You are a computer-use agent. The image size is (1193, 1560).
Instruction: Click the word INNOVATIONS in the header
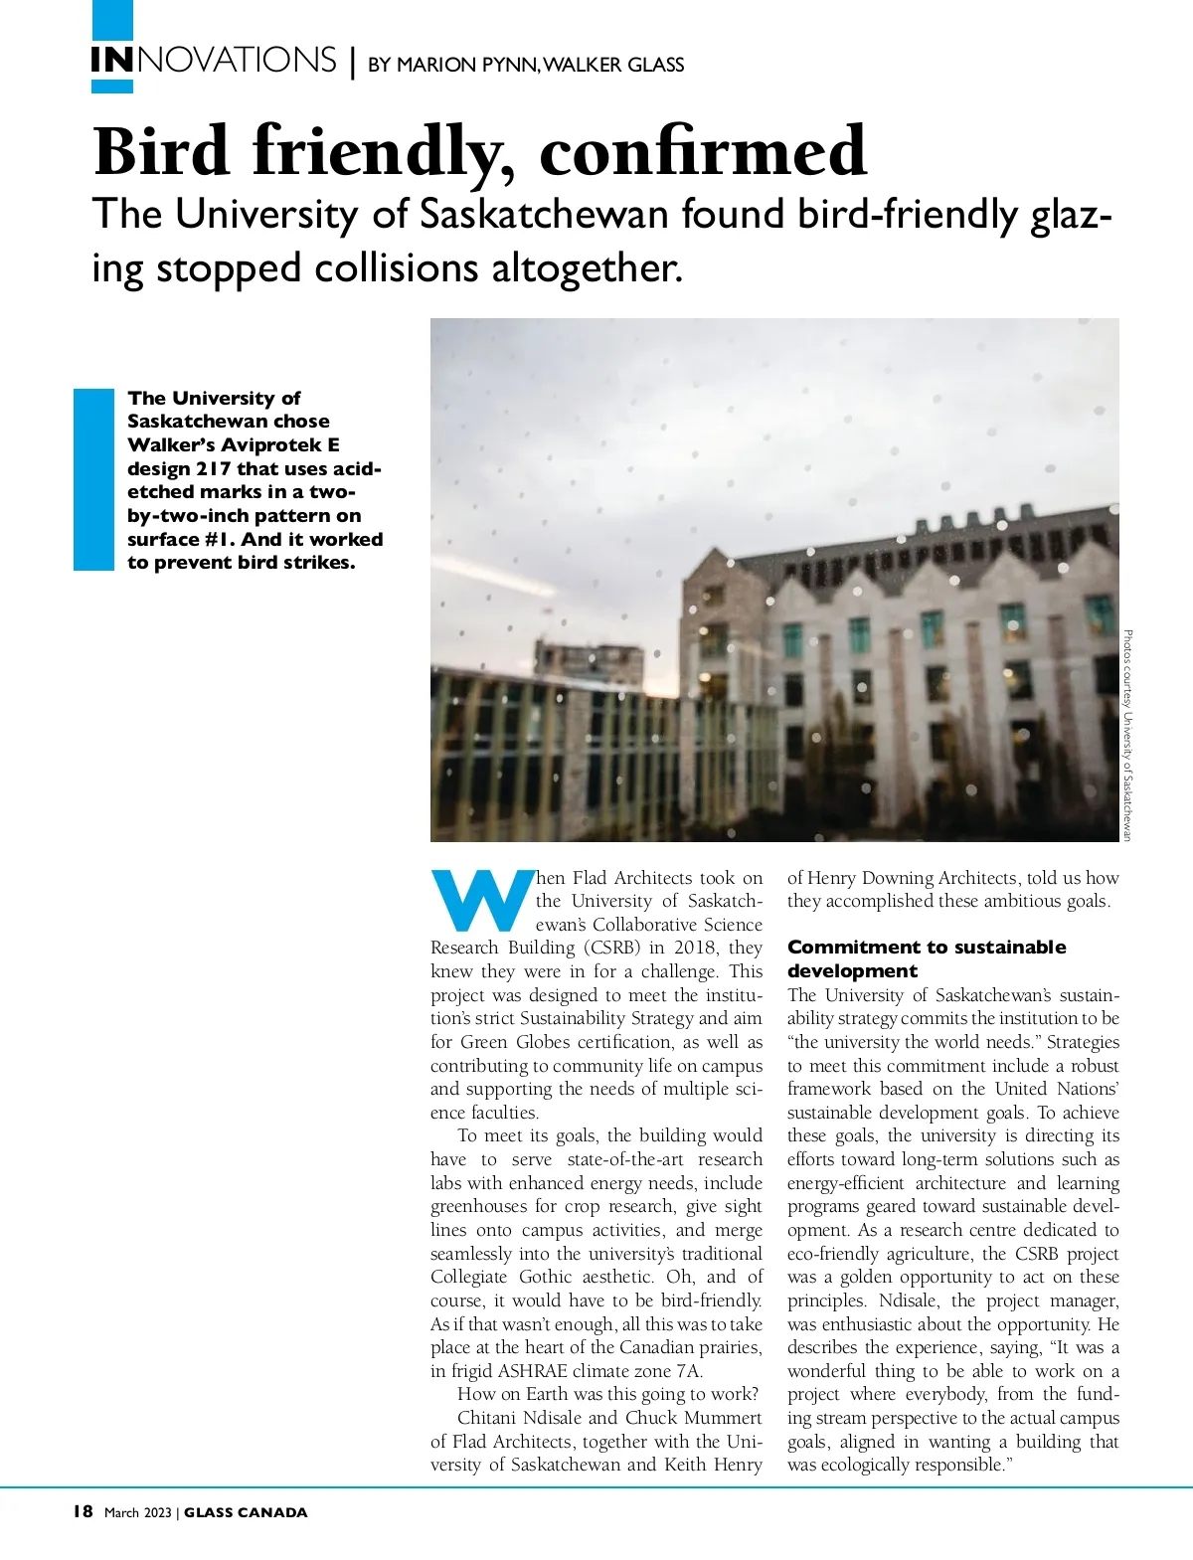tap(214, 61)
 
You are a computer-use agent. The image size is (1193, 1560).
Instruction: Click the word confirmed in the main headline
tap(704, 152)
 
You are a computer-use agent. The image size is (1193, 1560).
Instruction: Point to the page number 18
tap(83, 1512)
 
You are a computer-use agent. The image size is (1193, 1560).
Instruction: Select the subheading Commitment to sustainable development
tap(926, 958)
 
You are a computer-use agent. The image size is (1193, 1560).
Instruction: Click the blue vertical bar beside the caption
tap(94, 479)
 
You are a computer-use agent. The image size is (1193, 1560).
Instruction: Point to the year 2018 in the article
tap(695, 948)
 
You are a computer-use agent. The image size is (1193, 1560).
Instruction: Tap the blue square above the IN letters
tap(111, 19)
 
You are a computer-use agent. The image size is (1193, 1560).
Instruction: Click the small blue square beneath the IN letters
tap(111, 87)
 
